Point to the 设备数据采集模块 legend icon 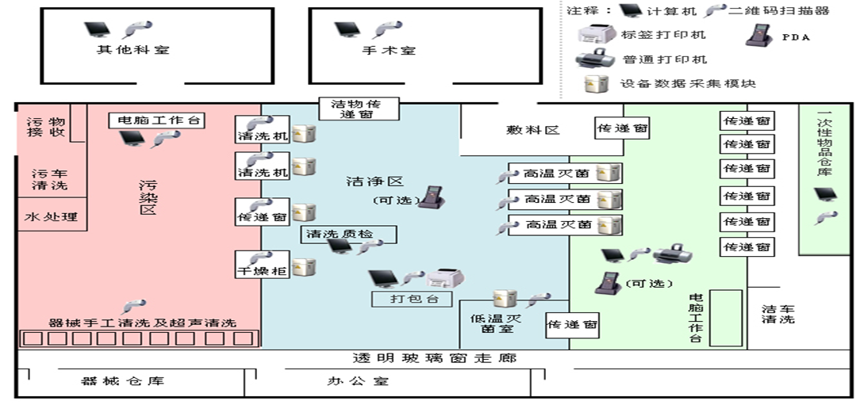point(593,83)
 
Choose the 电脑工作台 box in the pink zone point(156,120)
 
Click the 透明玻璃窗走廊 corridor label point(435,358)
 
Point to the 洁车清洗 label point(778,314)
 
